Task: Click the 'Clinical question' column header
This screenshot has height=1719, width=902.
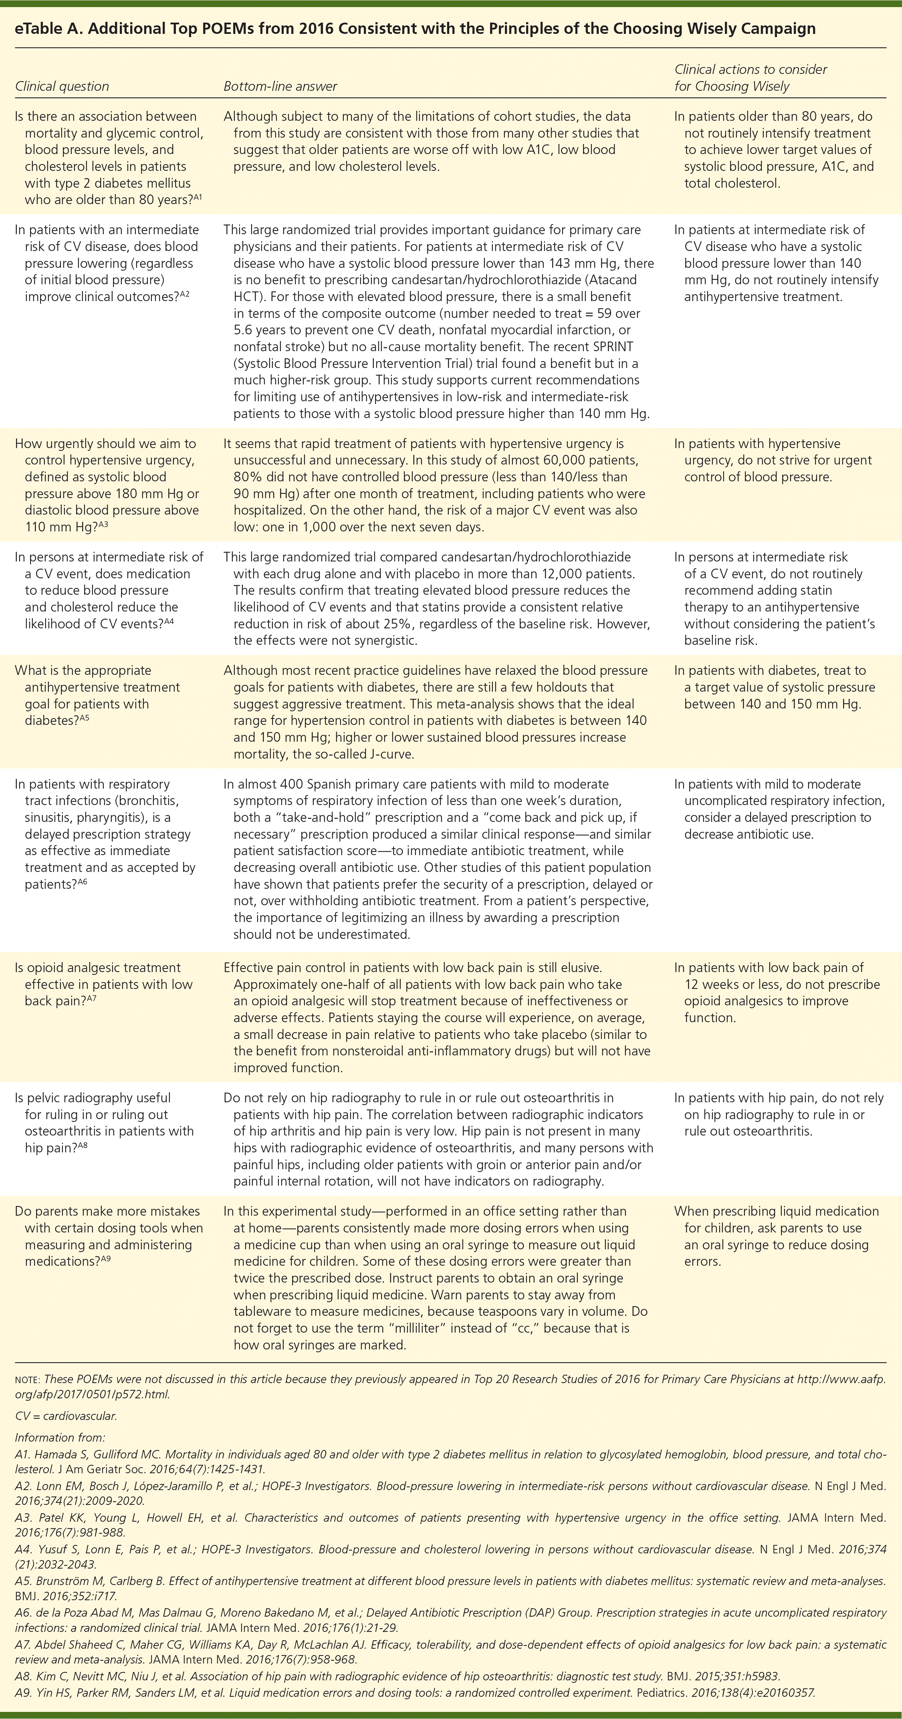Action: (x=61, y=86)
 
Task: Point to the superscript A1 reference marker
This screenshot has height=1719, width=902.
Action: (x=198, y=197)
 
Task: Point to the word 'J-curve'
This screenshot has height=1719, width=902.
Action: (x=392, y=754)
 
